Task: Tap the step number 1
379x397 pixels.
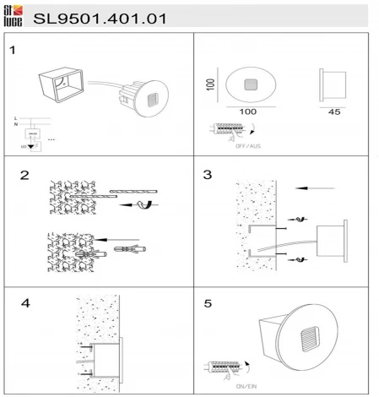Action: (13, 50)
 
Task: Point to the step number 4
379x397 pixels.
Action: (24, 302)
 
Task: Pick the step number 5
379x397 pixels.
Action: (207, 302)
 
